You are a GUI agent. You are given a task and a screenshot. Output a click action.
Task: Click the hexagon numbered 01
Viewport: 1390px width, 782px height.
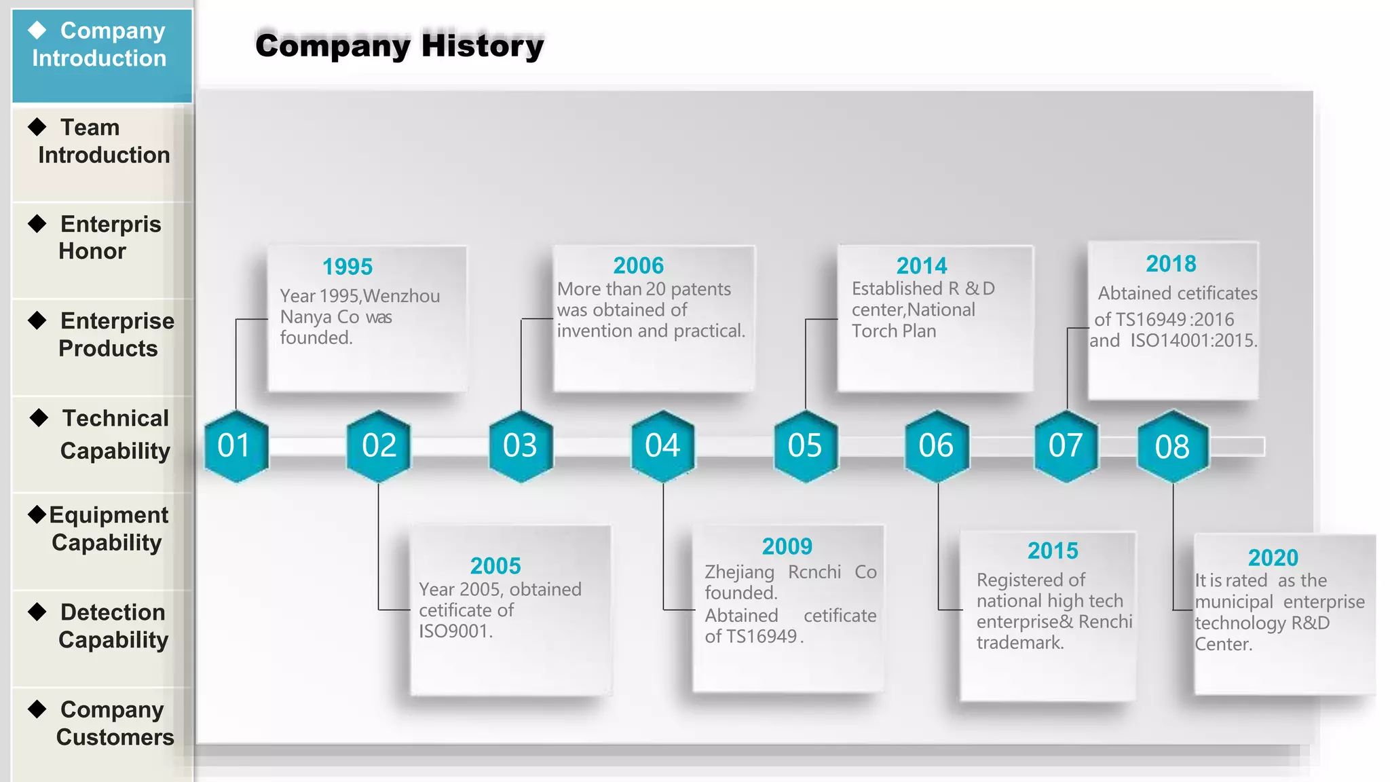coord(236,446)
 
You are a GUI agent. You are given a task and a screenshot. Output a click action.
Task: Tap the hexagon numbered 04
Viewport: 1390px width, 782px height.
coord(662,446)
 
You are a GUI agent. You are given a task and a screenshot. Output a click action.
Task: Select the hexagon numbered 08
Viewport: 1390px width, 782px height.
coord(1172,447)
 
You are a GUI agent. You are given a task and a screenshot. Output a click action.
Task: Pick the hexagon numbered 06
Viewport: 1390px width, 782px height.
coord(936,446)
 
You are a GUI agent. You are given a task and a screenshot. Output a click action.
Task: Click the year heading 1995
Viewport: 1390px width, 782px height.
coord(347,267)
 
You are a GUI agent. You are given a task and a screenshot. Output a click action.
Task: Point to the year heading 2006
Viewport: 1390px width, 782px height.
coord(639,265)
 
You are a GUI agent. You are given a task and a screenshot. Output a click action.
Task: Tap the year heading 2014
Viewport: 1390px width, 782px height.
coord(922,265)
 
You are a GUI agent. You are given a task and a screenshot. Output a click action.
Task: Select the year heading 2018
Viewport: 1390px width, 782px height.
coord(1171,263)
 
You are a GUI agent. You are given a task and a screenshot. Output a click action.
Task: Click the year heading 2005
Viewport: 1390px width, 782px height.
coord(495,565)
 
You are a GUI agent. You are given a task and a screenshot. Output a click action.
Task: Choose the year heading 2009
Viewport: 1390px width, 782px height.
coord(787,546)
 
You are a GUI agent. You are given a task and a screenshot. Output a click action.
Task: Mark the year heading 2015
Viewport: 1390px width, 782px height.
coord(1053,551)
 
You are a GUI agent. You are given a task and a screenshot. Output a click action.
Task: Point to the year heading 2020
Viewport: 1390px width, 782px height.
coord(1273,557)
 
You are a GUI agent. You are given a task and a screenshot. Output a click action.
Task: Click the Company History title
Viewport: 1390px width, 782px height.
coord(400,45)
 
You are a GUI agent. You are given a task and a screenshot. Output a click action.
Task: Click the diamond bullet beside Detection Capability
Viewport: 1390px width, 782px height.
coord(37,612)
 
